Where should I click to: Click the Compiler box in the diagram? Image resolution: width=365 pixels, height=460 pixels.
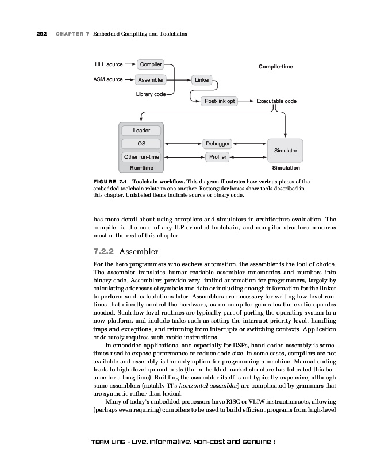point(151,64)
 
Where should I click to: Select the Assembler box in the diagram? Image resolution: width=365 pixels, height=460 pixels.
point(151,79)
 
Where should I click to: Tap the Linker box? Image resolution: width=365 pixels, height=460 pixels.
point(201,79)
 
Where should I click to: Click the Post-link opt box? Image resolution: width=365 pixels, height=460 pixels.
point(220,101)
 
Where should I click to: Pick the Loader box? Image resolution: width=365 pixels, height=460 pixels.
point(141,131)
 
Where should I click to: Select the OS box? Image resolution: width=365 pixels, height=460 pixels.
point(141,143)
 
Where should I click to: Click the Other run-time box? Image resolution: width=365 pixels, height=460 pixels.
point(141,156)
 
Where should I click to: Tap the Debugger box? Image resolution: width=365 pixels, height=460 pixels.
point(218,143)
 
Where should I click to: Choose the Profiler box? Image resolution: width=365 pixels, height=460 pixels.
point(218,156)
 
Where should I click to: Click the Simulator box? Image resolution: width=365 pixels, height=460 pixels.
point(285,150)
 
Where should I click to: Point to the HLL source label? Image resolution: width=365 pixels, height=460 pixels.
point(109,64)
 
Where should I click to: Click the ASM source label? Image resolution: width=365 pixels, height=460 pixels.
point(108,79)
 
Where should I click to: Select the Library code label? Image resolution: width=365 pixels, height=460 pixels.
point(151,94)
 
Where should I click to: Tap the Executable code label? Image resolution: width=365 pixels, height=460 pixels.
point(276,101)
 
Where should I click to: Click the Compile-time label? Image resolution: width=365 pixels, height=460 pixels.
point(276,67)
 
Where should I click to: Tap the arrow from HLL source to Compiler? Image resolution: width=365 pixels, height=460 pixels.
point(130,64)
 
